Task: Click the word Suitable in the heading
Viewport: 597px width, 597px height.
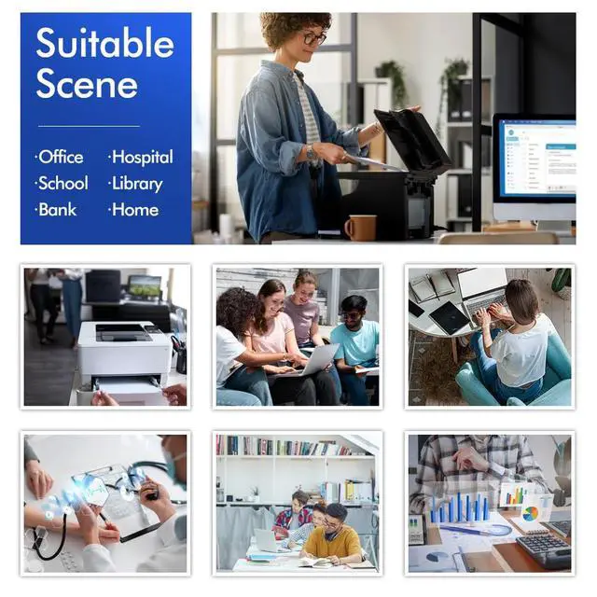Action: (x=104, y=43)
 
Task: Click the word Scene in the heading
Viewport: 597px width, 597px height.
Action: (x=87, y=84)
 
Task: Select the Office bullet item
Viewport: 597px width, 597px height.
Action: (x=60, y=157)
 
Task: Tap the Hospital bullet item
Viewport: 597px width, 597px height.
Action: (x=141, y=158)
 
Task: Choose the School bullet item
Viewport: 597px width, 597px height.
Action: (x=62, y=183)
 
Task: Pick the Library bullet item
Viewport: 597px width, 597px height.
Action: (x=135, y=184)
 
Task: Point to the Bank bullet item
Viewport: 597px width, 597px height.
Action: (x=56, y=210)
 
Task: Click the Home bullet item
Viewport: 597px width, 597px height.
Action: (x=133, y=210)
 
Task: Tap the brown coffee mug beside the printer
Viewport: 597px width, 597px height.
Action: (x=361, y=228)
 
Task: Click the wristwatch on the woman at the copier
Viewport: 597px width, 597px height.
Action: (x=311, y=152)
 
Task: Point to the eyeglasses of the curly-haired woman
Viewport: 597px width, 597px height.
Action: (x=314, y=38)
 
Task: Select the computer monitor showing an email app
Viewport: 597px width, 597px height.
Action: (x=535, y=167)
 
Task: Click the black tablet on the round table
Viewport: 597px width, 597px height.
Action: (x=449, y=318)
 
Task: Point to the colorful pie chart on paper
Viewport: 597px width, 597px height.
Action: (x=531, y=514)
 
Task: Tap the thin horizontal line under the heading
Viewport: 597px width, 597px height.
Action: (x=89, y=126)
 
